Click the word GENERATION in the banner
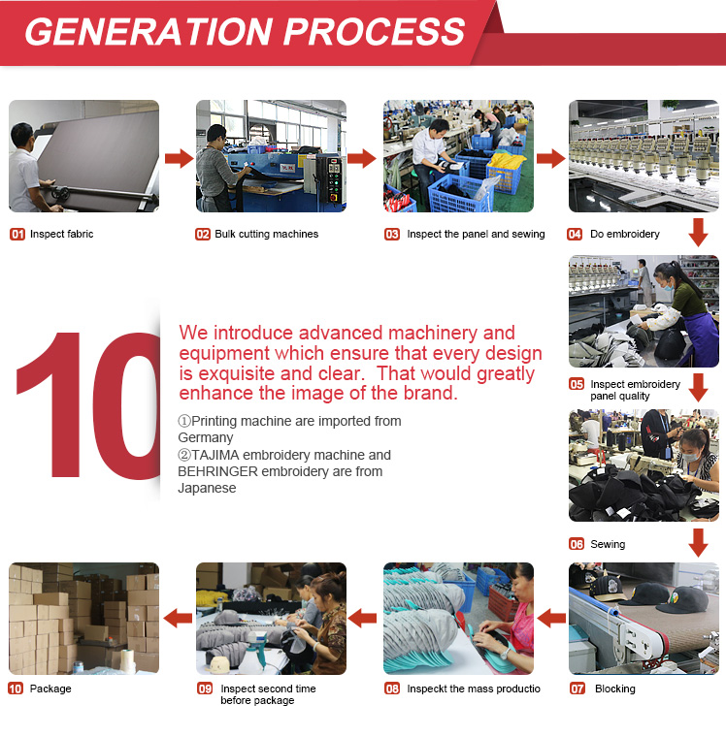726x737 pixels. [x=148, y=31]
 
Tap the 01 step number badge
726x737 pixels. [x=17, y=234]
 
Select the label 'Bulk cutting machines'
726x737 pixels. [x=266, y=234]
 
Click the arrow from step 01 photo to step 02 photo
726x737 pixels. [x=180, y=158]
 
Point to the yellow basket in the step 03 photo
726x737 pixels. [x=506, y=172]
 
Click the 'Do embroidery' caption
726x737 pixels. [x=625, y=234]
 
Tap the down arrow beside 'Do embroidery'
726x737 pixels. [x=698, y=232]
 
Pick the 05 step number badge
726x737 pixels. [x=577, y=384]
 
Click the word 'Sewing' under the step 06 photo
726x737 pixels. [x=608, y=544]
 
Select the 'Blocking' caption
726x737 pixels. [x=615, y=689]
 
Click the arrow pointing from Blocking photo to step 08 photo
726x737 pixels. [x=551, y=618]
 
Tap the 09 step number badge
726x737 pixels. [x=205, y=689]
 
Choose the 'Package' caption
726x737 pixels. [x=50, y=689]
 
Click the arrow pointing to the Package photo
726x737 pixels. [x=178, y=618]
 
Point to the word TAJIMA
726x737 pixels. [x=215, y=455]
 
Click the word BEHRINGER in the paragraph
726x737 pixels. [x=217, y=471]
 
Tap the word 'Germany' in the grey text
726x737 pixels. [x=206, y=437]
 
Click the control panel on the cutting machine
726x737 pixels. [x=331, y=179]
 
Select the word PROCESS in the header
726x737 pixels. [x=374, y=31]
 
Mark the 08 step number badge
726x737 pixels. [x=392, y=689]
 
